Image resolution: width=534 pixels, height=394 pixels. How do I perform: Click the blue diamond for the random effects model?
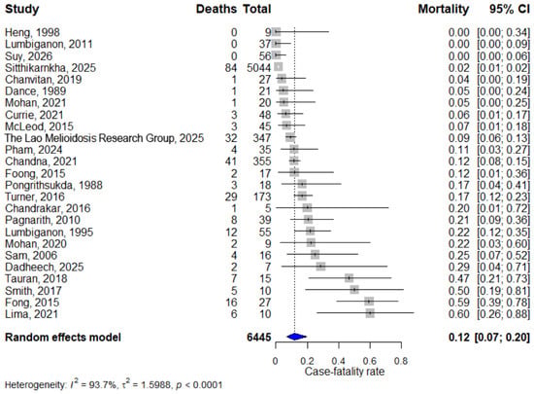(295, 337)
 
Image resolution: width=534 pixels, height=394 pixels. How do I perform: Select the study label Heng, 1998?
(32, 32)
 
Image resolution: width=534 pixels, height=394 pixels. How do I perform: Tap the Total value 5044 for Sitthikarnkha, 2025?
(259, 67)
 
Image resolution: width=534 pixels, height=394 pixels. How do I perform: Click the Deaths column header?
(217, 9)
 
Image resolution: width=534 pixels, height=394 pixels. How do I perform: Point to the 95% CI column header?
(510, 9)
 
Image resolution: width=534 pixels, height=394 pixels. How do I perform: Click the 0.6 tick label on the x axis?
(370, 361)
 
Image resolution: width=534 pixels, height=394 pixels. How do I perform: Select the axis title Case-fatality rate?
(345, 372)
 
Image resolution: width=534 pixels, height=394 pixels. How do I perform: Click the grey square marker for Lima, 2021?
(370, 313)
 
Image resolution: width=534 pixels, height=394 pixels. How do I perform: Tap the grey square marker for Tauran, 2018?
(350, 278)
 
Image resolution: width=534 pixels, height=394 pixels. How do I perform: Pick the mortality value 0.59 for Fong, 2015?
(458, 303)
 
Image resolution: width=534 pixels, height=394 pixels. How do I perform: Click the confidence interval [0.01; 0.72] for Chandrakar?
(504, 208)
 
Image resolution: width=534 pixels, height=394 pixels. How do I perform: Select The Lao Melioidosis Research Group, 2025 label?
(104, 138)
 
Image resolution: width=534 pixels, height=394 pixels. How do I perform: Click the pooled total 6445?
(259, 337)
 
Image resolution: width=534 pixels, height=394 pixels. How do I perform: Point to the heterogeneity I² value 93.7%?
(102, 385)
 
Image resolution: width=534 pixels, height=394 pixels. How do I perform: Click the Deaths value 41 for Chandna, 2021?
(231, 161)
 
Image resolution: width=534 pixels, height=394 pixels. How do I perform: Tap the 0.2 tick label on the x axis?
(307, 361)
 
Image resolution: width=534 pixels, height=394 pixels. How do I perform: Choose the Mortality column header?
(444, 9)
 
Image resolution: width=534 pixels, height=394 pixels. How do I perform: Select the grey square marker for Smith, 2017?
(354, 290)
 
